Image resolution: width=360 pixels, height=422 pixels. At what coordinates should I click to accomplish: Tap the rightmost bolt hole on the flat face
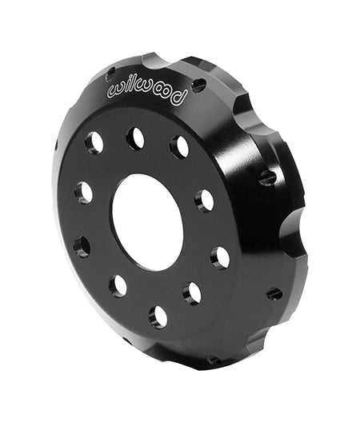click(x=220, y=257)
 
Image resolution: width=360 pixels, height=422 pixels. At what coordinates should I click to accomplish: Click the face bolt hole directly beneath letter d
click(x=179, y=146)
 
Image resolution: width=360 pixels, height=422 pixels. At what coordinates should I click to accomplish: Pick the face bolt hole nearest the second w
click(x=135, y=138)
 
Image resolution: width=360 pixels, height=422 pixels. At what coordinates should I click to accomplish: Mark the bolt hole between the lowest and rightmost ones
click(x=192, y=293)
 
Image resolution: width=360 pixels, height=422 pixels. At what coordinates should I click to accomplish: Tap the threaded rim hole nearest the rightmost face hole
click(x=274, y=293)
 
